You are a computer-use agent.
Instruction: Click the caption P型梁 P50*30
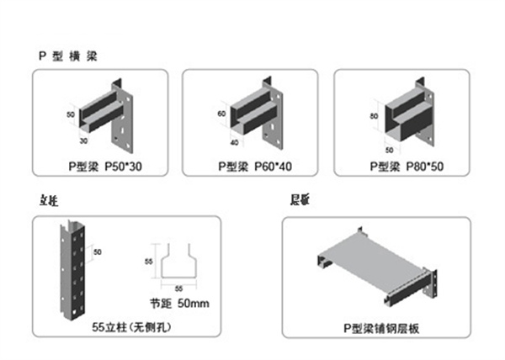coord(107,167)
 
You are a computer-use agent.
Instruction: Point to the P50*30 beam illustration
coord(107,114)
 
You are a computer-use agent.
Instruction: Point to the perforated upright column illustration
coord(73,269)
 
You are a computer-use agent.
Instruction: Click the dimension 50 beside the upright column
coord(97,251)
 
